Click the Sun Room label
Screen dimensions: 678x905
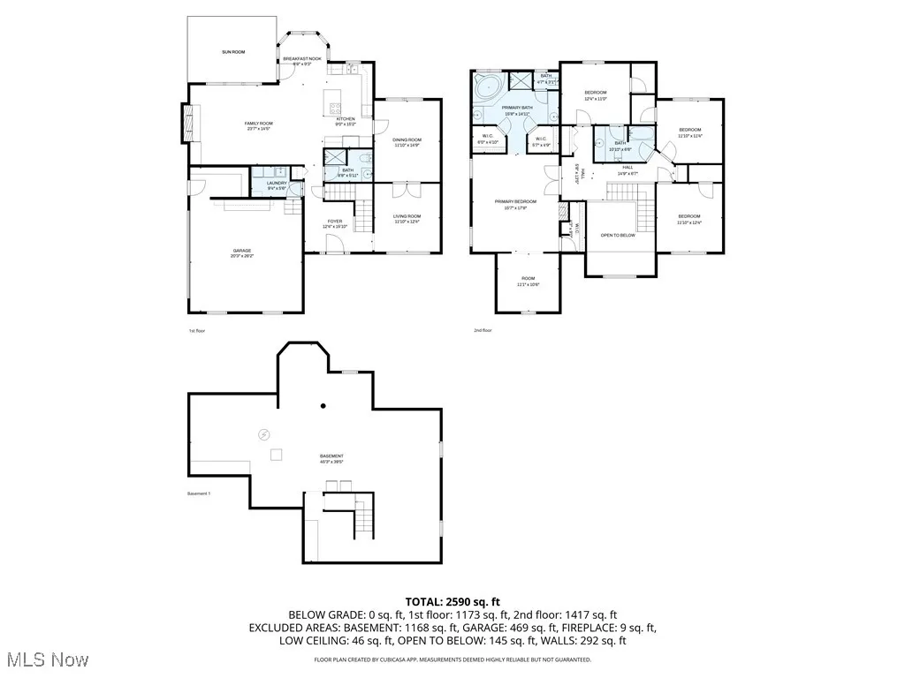pos(233,53)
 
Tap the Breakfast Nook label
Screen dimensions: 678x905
pos(302,61)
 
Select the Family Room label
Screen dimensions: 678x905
pos(259,125)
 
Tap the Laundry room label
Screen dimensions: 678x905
pos(277,185)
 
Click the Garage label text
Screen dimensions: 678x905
pos(242,253)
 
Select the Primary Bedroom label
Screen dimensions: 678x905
pos(515,204)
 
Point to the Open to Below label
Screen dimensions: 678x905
pos(618,236)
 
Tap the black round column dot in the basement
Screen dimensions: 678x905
pos(323,405)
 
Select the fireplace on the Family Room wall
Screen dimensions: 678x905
pos(185,123)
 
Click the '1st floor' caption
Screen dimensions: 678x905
pos(197,331)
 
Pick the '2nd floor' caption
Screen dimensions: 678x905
pos(483,331)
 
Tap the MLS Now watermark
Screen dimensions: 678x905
pos(44,659)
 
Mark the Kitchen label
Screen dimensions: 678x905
pos(345,120)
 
